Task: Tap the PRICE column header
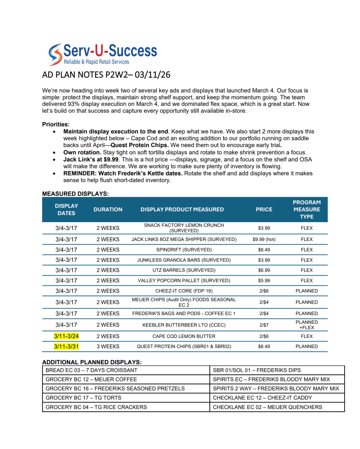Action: click(264, 209)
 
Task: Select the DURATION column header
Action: click(108, 209)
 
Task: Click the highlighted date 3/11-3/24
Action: click(66, 336)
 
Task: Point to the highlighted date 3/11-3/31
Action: click(66, 346)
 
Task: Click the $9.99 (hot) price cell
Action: click(264, 239)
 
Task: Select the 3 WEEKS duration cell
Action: click(108, 346)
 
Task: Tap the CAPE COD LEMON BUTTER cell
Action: click(184, 336)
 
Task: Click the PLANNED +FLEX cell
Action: click(306, 325)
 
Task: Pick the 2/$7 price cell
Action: click(264, 325)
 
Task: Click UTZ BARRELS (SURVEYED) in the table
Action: click(184, 270)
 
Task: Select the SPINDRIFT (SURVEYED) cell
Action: click(184, 250)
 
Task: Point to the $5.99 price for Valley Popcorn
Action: click(264, 280)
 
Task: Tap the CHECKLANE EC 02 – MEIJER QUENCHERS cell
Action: click(267, 407)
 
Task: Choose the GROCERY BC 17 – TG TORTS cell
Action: click(83, 398)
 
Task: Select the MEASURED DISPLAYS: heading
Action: click(75, 193)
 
